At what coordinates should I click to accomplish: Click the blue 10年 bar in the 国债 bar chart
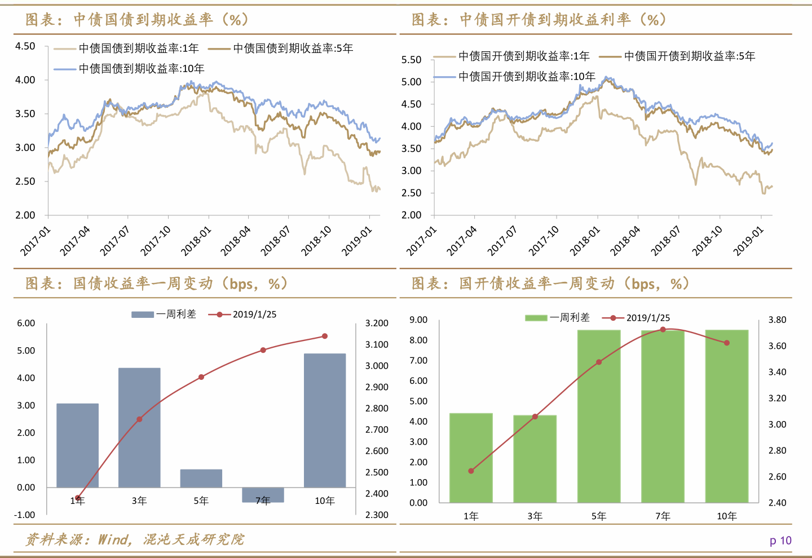tap(324, 420)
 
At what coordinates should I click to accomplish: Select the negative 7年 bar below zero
tap(263, 494)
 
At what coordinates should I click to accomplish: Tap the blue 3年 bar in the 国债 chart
tap(139, 427)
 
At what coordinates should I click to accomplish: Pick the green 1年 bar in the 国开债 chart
tap(471, 457)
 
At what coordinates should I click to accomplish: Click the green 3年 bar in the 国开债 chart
tap(535, 458)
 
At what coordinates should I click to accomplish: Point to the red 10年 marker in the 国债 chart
tap(325, 336)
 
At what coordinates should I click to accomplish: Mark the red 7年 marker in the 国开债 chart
tap(663, 330)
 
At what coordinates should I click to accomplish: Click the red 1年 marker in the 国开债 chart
tap(471, 471)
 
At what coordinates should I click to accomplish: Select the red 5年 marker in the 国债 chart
tap(201, 377)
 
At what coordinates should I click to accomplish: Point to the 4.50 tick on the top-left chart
tap(25, 46)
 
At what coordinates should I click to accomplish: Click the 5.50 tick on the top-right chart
tap(411, 60)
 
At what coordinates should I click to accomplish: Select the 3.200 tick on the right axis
tap(377, 324)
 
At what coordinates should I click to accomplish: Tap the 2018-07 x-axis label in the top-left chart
tap(275, 241)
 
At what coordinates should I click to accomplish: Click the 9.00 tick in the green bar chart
tap(418, 320)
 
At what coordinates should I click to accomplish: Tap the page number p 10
tap(780, 541)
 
